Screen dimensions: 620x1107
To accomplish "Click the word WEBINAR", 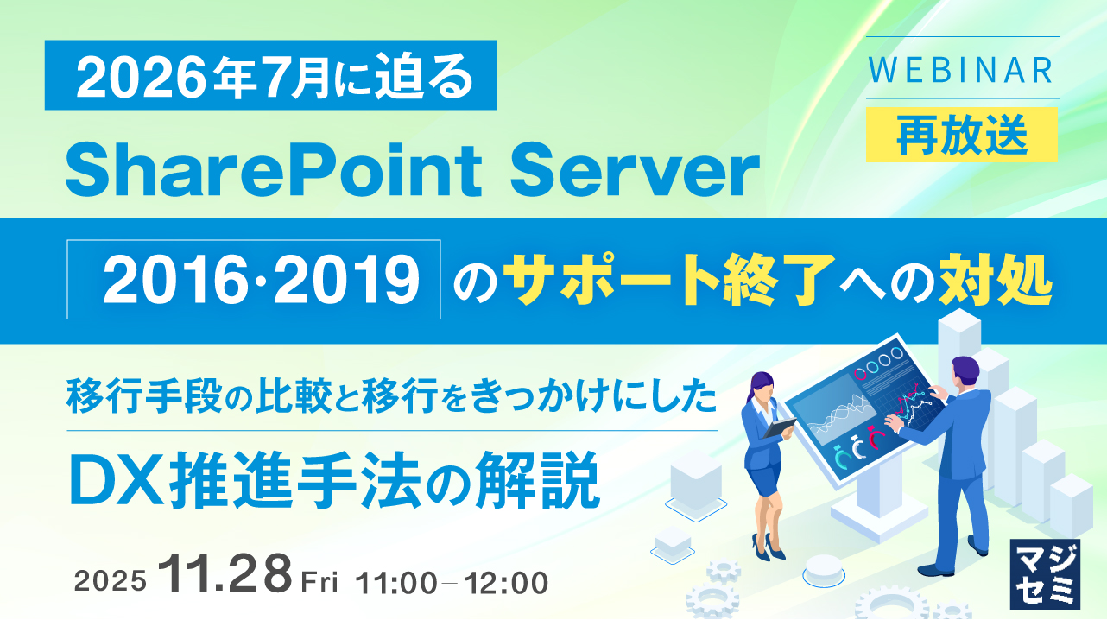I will coord(962,69).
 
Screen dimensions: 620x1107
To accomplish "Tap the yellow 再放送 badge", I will coord(962,136).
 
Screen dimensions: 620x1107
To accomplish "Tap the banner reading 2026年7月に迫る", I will coord(270,75).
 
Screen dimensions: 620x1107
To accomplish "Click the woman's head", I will coord(765,383).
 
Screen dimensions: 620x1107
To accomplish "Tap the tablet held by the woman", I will coord(781,427).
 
